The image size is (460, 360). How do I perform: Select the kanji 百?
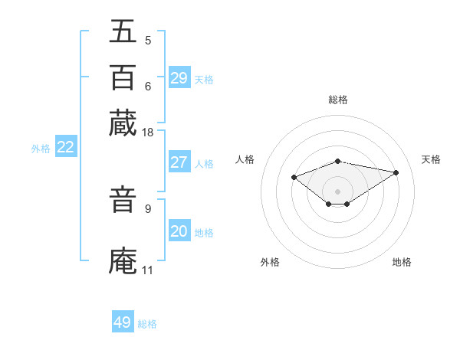click(x=123, y=77)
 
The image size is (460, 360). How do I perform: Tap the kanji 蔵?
click(x=123, y=123)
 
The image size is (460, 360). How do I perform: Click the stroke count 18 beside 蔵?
click(x=148, y=133)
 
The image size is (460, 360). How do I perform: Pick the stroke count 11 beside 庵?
click(x=147, y=270)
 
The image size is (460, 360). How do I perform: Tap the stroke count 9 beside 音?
click(x=148, y=208)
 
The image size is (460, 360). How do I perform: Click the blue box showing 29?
click(x=179, y=78)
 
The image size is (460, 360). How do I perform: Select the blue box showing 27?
click(x=179, y=162)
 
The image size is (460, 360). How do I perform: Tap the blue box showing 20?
click(x=179, y=231)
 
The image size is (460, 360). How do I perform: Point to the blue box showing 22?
click(x=65, y=148)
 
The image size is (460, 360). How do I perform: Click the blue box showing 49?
click(x=123, y=322)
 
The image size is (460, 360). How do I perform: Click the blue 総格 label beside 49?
click(x=147, y=324)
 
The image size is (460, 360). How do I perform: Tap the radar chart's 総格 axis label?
click(x=338, y=100)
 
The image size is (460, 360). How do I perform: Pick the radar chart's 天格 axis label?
click(x=431, y=159)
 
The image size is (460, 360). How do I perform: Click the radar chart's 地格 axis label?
click(x=402, y=262)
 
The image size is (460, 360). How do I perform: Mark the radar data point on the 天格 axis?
click(x=396, y=172)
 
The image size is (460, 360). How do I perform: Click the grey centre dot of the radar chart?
click(x=338, y=191)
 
